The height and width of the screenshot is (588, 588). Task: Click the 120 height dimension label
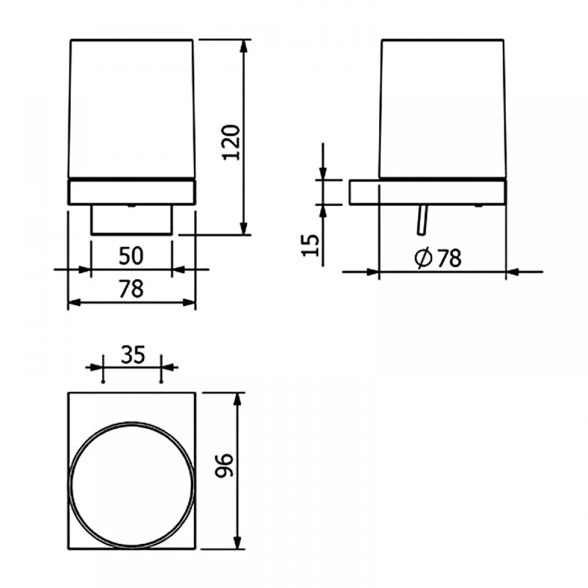coord(231,142)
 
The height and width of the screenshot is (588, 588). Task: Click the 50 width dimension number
coord(131,256)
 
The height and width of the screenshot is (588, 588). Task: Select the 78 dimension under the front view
coord(131,289)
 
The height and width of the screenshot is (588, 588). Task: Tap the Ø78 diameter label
coord(438,258)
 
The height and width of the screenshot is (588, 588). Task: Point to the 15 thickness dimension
coord(310,245)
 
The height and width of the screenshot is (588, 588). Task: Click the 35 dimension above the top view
coord(133,355)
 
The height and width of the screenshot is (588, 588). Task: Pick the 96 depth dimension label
coord(224,465)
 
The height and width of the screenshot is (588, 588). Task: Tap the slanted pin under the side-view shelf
coord(422,220)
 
